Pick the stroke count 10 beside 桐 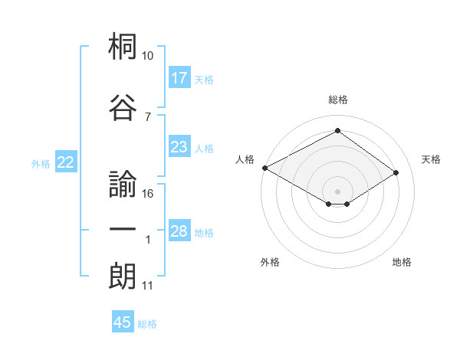147,56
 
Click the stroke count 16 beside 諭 148,194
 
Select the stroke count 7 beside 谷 147,116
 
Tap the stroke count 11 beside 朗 147,286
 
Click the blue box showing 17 179,78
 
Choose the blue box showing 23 179,147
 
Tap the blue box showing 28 179,231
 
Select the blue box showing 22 65,162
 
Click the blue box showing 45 123,322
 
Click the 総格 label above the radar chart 337,100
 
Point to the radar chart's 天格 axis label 431,159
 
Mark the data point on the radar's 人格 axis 264,168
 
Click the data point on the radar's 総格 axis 337,132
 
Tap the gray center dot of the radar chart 337,190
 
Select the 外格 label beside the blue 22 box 41,163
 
